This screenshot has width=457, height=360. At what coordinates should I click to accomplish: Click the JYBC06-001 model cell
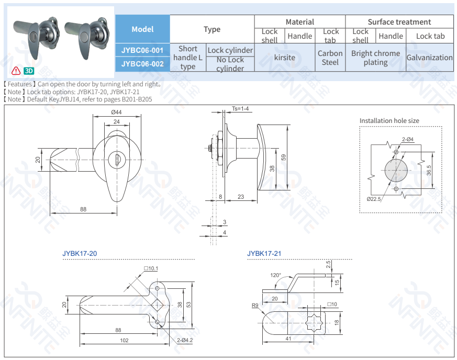[x=142, y=50]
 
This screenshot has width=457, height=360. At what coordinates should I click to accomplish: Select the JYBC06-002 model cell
[x=142, y=64]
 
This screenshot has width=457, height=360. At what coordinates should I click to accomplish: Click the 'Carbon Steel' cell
[x=330, y=58]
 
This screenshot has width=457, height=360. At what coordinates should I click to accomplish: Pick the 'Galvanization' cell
[x=429, y=58]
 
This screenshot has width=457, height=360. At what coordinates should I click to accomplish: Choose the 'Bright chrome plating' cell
[x=375, y=58]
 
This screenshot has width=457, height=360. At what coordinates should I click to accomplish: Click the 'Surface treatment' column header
[x=399, y=22]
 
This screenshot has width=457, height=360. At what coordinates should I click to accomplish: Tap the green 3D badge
[x=29, y=71]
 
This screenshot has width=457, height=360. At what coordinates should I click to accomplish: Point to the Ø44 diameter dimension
[x=116, y=113]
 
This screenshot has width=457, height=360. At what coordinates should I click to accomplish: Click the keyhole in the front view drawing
[x=116, y=156]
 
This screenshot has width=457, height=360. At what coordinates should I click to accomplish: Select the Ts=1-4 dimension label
[x=240, y=109]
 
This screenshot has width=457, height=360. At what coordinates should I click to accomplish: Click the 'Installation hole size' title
[x=389, y=121]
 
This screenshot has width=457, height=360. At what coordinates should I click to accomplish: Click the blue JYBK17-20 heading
[x=80, y=254]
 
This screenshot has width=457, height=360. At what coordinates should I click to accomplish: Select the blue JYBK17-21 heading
[x=264, y=254]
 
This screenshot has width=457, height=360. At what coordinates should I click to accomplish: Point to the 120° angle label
[x=275, y=275]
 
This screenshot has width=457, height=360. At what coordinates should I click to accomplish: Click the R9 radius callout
[x=255, y=305]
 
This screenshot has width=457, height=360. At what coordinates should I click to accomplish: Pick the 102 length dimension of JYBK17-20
[x=124, y=341]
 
